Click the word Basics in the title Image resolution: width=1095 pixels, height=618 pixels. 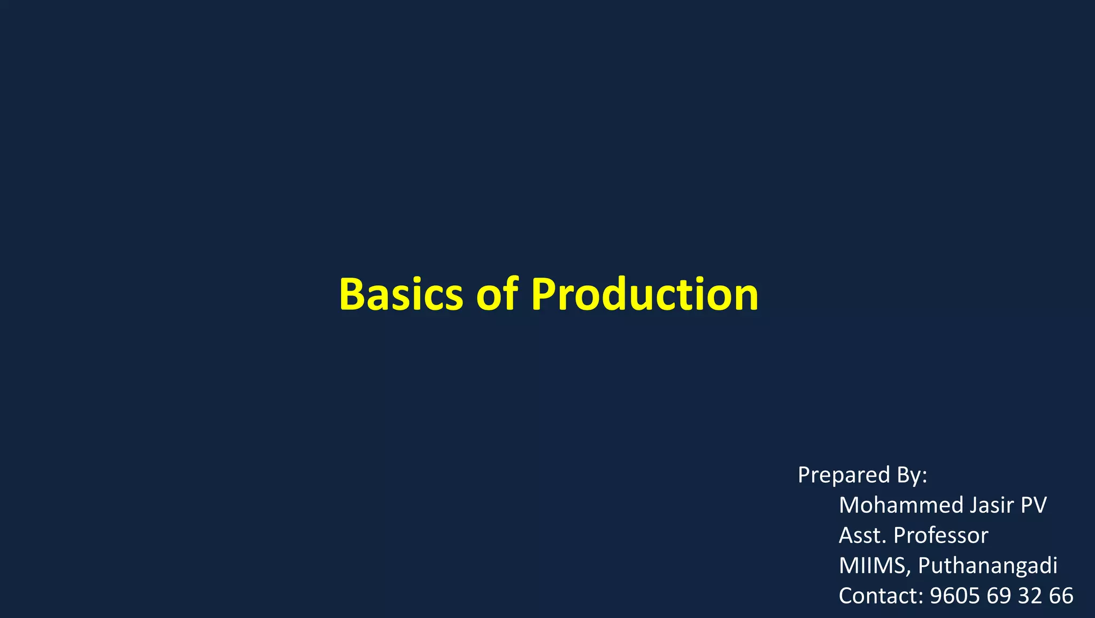[401, 294]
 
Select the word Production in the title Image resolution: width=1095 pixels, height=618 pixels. [645, 294]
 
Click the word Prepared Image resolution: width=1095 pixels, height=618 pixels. [844, 475]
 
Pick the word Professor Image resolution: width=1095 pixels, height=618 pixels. [941, 536]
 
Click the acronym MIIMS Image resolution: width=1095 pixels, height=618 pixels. [872, 566]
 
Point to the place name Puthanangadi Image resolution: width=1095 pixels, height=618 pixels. [988, 566]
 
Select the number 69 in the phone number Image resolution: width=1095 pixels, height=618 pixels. [998, 596]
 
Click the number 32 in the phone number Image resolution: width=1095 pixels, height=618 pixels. [1029, 596]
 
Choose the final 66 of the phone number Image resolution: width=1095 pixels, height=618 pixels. [1061, 596]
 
